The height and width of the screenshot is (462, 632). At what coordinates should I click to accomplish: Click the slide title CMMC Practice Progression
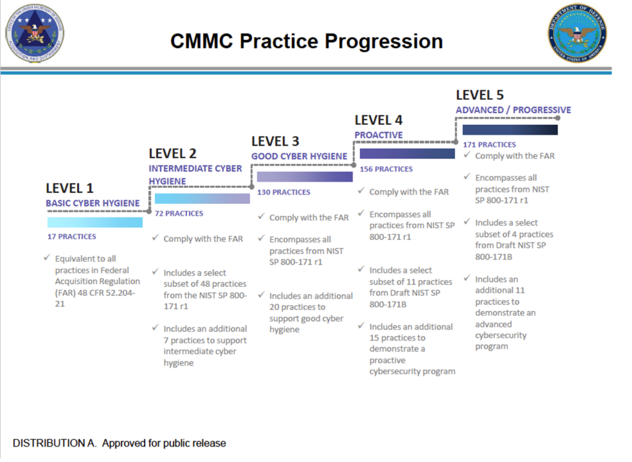tap(307, 41)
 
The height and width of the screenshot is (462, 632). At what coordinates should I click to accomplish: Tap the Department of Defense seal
tap(577, 33)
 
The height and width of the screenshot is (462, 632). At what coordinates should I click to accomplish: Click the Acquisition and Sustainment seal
tap(35, 33)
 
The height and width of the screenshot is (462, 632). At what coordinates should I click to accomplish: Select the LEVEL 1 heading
tap(70, 188)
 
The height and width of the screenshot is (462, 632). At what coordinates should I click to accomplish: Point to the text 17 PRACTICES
tap(72, 237)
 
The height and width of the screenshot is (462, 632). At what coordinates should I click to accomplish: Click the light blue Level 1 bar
tap(95, 222)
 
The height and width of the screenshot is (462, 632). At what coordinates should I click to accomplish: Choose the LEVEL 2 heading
tap(172, 153)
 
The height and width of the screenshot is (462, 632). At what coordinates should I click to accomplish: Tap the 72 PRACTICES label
tap(179, 214)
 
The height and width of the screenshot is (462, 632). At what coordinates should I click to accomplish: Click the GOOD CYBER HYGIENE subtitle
tap(299, 156)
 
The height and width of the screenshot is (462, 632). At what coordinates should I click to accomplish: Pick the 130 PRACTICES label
tap(283, 192)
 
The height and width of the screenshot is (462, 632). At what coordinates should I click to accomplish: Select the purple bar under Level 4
tap(407, 154)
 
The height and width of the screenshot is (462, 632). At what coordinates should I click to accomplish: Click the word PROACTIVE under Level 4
tap(378, 135)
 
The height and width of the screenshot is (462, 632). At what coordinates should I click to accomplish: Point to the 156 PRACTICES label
tap(386, 169)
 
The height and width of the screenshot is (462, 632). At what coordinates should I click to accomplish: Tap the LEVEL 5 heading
tap(480, 94)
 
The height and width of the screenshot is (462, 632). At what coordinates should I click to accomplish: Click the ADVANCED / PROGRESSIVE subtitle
tap(513, 110)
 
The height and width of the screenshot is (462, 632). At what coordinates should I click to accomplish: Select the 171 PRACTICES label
tap(489, 145)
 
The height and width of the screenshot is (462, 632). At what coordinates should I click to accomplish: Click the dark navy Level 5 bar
tap(510, 130)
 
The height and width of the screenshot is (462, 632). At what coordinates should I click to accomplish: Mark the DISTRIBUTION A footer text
tap(119, 443)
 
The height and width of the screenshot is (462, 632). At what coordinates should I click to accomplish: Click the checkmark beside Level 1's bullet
tap(46, 258)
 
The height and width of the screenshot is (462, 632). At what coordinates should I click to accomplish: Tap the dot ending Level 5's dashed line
tap(557, 117)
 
